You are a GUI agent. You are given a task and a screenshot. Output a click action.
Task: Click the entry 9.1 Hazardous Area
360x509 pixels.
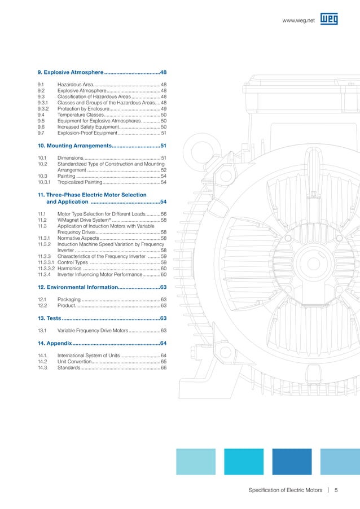[x=79, y=84]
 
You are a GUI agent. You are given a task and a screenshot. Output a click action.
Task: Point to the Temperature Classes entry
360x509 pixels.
[x=80, y=115]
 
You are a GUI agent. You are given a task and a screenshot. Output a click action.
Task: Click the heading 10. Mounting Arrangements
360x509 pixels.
[x=73, y=146]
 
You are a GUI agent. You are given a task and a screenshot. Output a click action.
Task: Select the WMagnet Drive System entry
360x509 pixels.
[x=84, y=220]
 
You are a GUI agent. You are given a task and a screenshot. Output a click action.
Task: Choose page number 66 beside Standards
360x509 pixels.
[x=164, y=367]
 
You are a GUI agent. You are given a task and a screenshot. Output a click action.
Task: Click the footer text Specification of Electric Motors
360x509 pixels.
[x=286, y=489]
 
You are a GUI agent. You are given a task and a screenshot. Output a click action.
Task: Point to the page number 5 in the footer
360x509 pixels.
[x=336, y=489]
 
